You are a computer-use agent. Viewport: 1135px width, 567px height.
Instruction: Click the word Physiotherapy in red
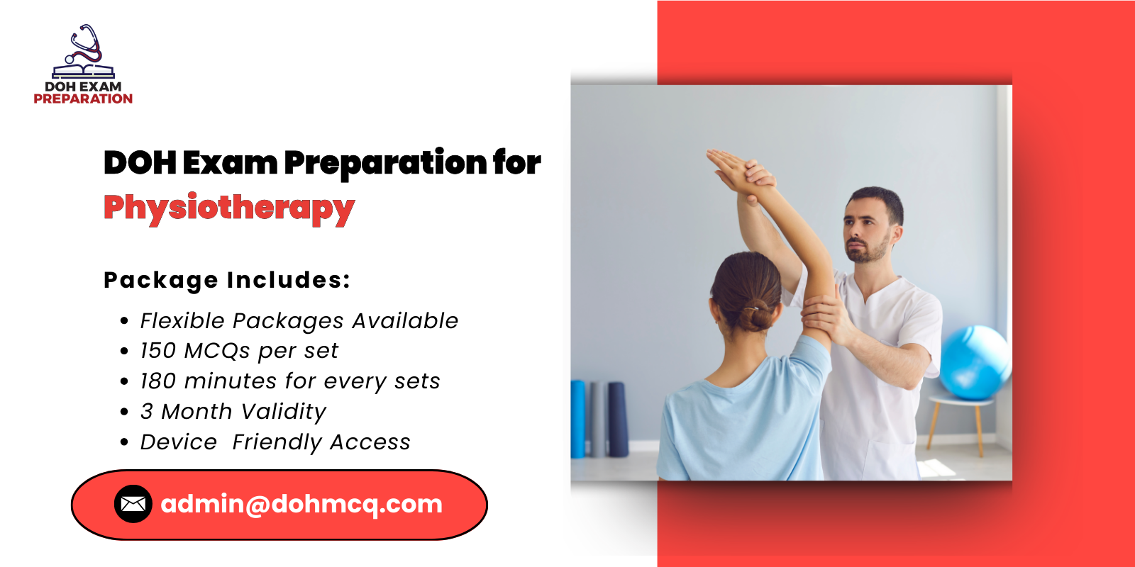tap(229, 208)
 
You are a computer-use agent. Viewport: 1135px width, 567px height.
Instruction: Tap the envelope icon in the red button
tap(133, 504)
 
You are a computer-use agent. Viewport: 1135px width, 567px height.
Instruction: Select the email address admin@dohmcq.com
tap(301, 504)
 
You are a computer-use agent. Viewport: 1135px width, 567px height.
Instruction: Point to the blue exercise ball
tap(974, 362)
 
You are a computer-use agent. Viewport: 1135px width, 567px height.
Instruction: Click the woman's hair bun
tap(753, 316)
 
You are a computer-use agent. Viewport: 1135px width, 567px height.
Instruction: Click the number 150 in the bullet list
tap(157, 351)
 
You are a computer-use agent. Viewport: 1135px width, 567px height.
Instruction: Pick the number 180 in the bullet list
tap(157, 381)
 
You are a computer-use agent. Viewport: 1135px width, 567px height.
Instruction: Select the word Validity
tap(283, 412)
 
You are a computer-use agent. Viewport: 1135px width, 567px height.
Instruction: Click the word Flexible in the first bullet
tap(182, 321)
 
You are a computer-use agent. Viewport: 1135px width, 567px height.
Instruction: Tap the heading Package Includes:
tap(227, 280)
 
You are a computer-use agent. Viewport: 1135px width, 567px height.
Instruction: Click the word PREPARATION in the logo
tap(83, 99)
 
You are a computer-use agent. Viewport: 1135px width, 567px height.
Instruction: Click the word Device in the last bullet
tap(179, 442)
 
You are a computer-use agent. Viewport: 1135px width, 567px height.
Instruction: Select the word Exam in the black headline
tap(230, 163)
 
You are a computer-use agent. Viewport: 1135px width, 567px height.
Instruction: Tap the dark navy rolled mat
tap(617, 419)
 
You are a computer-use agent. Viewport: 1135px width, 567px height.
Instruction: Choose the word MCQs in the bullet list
tap(217, 351)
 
